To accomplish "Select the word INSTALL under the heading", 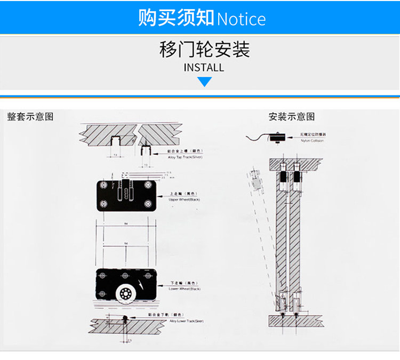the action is tap(204, 68).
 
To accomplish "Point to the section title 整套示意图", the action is tap(30, 116).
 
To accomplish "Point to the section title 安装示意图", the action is tap(292, 116).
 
